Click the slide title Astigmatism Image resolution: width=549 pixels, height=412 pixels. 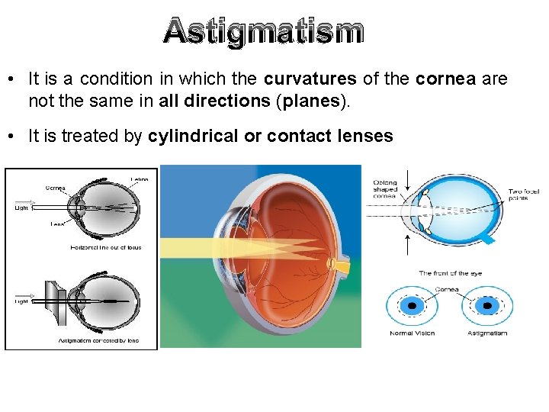[263, 32]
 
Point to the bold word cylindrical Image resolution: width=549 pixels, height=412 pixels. [193, 136]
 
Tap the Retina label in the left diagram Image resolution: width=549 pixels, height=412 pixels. [139, 179]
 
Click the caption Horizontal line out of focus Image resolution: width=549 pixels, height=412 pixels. [106, 247]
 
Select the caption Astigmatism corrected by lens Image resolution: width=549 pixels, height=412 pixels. [99, 340]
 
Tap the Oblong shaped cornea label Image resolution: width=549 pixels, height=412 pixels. [384, 189]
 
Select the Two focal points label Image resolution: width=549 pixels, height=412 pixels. [524, 195]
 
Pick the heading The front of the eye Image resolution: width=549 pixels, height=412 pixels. [450, 272]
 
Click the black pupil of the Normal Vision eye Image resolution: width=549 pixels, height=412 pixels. [413, 305]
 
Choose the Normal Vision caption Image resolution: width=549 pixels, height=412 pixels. [412, 333]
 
